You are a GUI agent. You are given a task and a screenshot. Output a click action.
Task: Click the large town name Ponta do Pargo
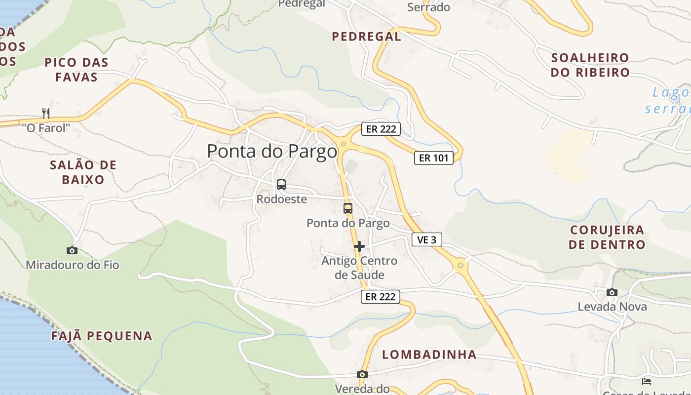272,151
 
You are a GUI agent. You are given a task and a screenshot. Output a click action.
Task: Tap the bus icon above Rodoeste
281,185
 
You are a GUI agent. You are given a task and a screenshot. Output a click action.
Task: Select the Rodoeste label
281,199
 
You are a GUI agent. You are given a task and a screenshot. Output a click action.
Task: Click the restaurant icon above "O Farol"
46,114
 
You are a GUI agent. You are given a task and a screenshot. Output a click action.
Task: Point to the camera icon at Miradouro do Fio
72,250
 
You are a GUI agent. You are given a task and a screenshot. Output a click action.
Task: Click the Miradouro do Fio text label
73,265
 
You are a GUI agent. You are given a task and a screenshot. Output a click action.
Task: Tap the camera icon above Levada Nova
612,292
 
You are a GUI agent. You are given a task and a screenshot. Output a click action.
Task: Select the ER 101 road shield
433,158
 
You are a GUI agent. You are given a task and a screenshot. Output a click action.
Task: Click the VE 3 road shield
427,240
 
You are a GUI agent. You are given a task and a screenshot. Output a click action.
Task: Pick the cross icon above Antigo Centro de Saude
359,246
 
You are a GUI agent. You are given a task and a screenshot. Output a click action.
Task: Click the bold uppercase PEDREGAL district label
366,37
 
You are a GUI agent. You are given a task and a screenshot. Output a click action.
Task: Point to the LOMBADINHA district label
429,355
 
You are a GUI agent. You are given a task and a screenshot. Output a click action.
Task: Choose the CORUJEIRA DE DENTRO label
607,237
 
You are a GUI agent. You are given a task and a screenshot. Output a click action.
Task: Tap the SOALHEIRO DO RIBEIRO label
590,65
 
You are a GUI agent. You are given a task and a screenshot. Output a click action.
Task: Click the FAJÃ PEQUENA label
102,336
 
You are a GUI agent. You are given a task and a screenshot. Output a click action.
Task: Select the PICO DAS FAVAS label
77,70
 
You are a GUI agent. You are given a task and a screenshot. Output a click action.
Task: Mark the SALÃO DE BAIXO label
83,172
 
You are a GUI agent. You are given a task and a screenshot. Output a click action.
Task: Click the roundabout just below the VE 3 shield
461,266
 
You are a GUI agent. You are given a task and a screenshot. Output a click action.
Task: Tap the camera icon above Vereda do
362,374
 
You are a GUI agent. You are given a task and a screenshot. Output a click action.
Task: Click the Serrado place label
428,7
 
